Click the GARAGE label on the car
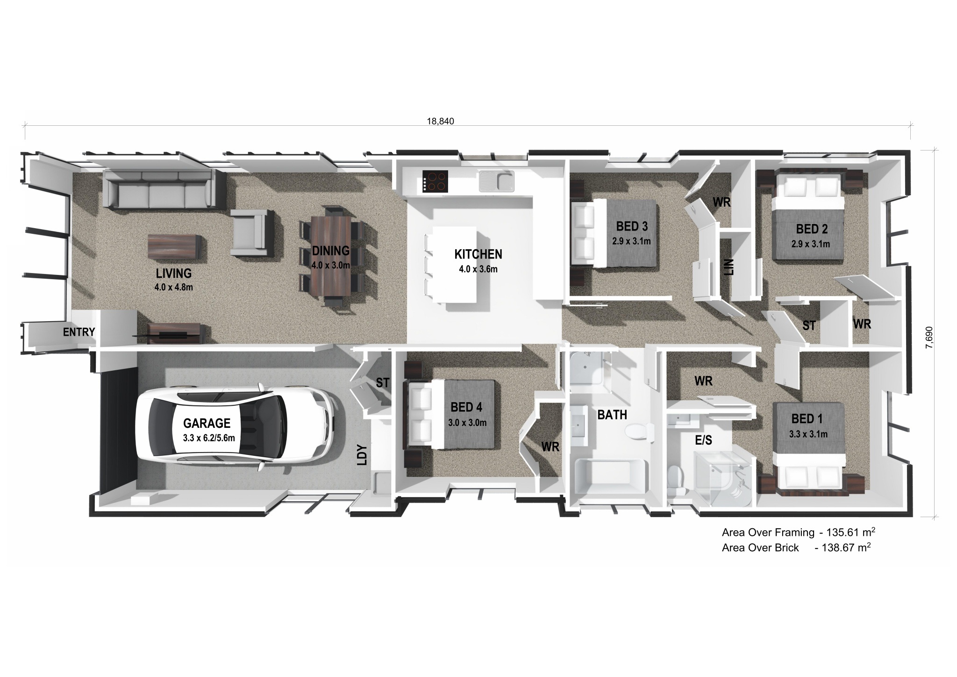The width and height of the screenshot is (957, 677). [x=207, y=424]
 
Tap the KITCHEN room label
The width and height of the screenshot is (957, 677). [x=478, y=254]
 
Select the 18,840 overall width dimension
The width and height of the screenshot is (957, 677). [x=440, y=122]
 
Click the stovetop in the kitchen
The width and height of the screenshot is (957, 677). [x=435, y=181]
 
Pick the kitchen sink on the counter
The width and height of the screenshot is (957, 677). [x=496, y=181]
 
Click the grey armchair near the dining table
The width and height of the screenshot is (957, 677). [x=251, y=232]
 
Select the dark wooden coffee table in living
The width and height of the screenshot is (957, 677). [x=174, y=245]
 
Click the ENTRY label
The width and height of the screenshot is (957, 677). [x=79, y=332]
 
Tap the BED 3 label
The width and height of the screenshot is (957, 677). [x=632, y=227]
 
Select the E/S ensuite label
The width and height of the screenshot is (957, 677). [x=703, y=440]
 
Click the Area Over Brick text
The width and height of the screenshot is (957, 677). [x=760, y=548]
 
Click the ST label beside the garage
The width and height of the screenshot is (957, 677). [x=382, y=382]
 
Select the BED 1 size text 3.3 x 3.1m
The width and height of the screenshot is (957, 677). [x=808, y=434]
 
